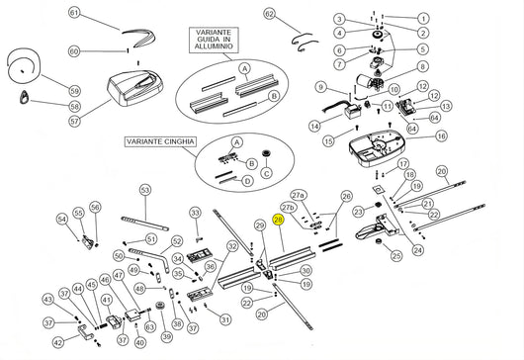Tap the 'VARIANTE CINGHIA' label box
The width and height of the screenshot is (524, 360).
pyautogui.click(x=160, y=142)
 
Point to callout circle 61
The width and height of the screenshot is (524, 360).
pyautogui.click(x=74, y=14)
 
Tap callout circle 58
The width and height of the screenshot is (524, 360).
pyautogui.click(x=74, y=105)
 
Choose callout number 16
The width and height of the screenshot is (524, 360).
pyautogui.click(x=441, y=135)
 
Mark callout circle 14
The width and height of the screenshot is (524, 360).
pyautogui.click(x=313, y=126)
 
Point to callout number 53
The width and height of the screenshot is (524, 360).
pyautogui.click(x=144, y=189)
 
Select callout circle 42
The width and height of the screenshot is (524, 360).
pyautogui.click(x=57, y=343)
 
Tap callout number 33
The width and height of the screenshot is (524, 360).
pyautogui.click(x=195, y=213)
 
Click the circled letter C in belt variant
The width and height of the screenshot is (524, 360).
pyautogui.click(x=264, y=173)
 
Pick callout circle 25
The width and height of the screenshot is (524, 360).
pyautogui.click(x=395, y=256)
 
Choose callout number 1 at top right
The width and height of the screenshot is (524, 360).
pyautogui.click(x=423, y=20)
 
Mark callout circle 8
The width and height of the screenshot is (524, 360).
pyautogui.click(x=423, y=67)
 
